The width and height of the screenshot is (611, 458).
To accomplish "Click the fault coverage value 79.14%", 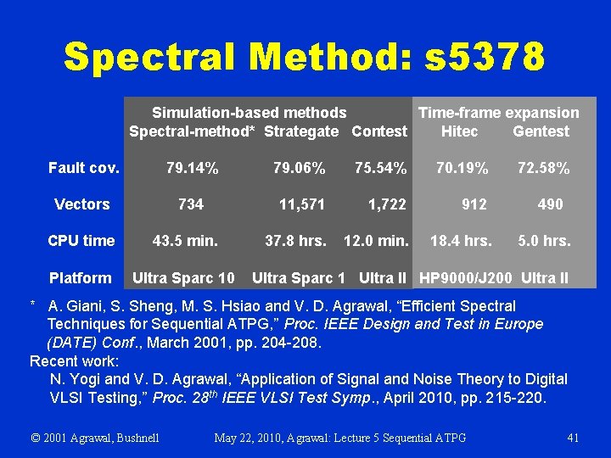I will tap(192, 169).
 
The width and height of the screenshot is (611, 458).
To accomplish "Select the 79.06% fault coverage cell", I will tap(299, 169).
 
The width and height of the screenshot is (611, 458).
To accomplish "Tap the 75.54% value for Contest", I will tap(380, 169).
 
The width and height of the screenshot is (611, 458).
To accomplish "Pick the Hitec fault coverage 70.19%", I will tap(462, 169).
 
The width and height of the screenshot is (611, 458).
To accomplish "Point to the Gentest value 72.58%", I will tap(543, 169).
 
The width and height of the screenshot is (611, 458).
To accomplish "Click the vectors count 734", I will tap(190, 204).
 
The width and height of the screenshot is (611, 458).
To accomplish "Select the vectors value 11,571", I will tap(302, 204).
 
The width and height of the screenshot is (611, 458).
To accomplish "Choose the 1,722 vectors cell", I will tap(386, 204).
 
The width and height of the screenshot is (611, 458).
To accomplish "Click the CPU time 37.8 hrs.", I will tap(295, 241).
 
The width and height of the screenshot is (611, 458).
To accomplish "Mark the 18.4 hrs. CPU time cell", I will tap(461, 241).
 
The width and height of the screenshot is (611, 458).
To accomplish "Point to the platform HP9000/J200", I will tap(467, 278).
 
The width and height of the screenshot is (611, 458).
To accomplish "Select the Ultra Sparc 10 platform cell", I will tap(183, 278).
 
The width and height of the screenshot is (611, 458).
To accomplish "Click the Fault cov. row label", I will tap(83, 169).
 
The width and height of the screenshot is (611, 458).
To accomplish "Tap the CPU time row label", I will tap(81, 241).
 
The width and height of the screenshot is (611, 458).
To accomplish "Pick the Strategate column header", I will tap(300, 131).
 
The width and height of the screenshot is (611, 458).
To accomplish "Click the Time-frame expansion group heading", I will tap(498, 113).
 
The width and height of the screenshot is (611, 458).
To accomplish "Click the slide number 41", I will tap(573, 438).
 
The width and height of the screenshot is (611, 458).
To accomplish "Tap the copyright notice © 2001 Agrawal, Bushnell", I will tap(95, 438).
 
